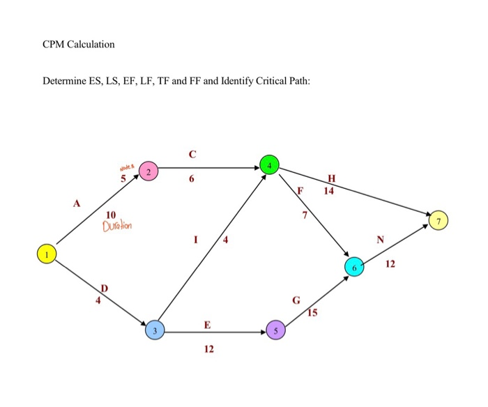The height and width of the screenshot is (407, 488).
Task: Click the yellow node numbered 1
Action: coord(46,254)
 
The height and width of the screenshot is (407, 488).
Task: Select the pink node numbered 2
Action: coord(148,171)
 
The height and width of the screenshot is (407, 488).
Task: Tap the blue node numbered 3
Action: coord(155,330)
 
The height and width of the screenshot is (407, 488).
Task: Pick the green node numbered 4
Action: coord(269,164)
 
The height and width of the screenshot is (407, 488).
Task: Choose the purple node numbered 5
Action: coord(276,331)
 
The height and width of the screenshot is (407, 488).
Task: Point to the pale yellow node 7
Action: coord(439,221)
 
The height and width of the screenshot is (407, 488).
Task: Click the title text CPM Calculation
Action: coord(78,45)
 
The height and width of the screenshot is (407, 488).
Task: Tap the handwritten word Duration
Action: coord(116,226)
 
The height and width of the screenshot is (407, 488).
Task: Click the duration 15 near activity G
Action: coord(311,313)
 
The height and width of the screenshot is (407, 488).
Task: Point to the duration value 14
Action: coord(328,190)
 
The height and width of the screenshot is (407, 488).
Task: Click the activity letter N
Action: coord(380,239)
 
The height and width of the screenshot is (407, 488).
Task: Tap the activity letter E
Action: coord(207,325)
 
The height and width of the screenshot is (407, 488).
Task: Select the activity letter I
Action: coord(196,241)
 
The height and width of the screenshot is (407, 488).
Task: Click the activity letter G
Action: coord(296,301)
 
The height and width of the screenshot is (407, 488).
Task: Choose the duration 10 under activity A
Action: coord(111,215)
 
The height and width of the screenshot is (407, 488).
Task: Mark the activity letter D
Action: coord(105,288)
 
